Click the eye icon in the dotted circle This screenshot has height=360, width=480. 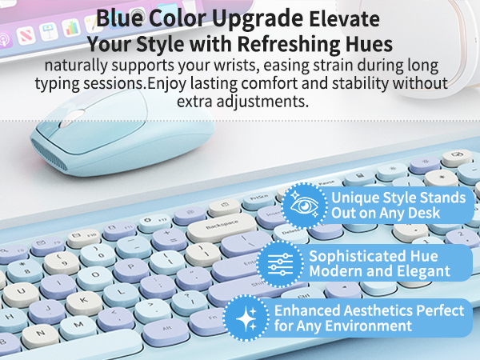coord(303,206)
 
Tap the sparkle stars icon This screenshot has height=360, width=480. coord(247,318)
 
